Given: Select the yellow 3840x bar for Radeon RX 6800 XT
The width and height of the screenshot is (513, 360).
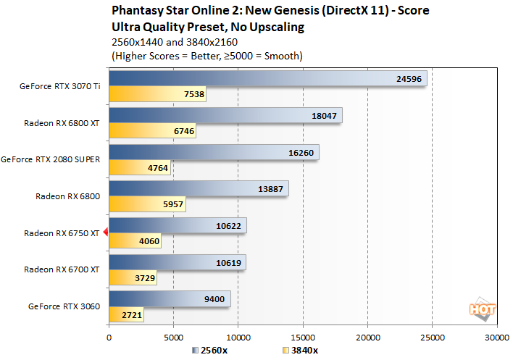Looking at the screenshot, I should [152, 131].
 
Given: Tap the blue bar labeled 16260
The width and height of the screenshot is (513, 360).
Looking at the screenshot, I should [214, 154].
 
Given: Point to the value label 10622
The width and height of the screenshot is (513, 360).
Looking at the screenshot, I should [228, 226].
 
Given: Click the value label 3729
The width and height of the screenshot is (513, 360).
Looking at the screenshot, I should [143, 279].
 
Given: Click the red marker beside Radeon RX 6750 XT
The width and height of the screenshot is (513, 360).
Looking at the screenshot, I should [106, 233].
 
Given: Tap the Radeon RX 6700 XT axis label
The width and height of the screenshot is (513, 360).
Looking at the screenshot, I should [62, 269].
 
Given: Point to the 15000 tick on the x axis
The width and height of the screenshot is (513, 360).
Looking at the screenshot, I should [303, 337].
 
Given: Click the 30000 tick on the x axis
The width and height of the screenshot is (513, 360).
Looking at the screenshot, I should [496, 337].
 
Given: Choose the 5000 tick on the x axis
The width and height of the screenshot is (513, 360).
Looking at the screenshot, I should [173, 337].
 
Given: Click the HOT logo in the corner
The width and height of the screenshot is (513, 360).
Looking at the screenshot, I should [483, 309].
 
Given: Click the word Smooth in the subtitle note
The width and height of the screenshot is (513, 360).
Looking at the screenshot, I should [281, 56].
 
